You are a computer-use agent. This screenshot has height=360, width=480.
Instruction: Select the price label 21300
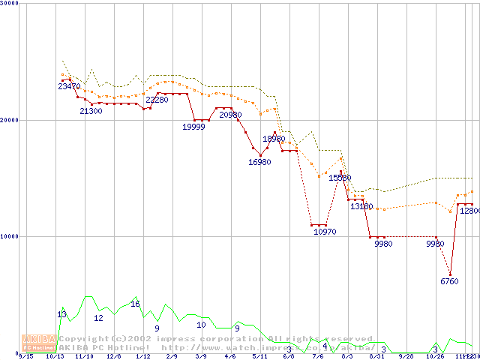[91, 111]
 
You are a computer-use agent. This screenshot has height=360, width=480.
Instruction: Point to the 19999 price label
[194, 127]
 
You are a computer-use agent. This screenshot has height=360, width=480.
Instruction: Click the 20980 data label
[230, 115]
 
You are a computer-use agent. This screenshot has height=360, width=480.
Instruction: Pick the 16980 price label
[259, 162]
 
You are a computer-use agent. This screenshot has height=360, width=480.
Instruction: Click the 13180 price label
[361, 206]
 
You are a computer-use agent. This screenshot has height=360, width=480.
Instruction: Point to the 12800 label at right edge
[469, 211]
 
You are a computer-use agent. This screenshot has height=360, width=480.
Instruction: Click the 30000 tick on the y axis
[10, 3]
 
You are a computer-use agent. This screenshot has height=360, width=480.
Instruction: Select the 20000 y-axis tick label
[10, 120]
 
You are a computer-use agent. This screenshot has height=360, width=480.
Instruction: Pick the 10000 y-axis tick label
[10, 236]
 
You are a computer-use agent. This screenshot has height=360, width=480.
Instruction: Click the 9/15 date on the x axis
[25, 357]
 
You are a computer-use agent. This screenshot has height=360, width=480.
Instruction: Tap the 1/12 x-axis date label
[142, 357]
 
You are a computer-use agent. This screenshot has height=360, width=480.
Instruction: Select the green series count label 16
[135, 304]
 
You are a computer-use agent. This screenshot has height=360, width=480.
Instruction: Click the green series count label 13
[61, 313]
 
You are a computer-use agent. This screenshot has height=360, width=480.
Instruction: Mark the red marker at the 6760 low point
[450, 274]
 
